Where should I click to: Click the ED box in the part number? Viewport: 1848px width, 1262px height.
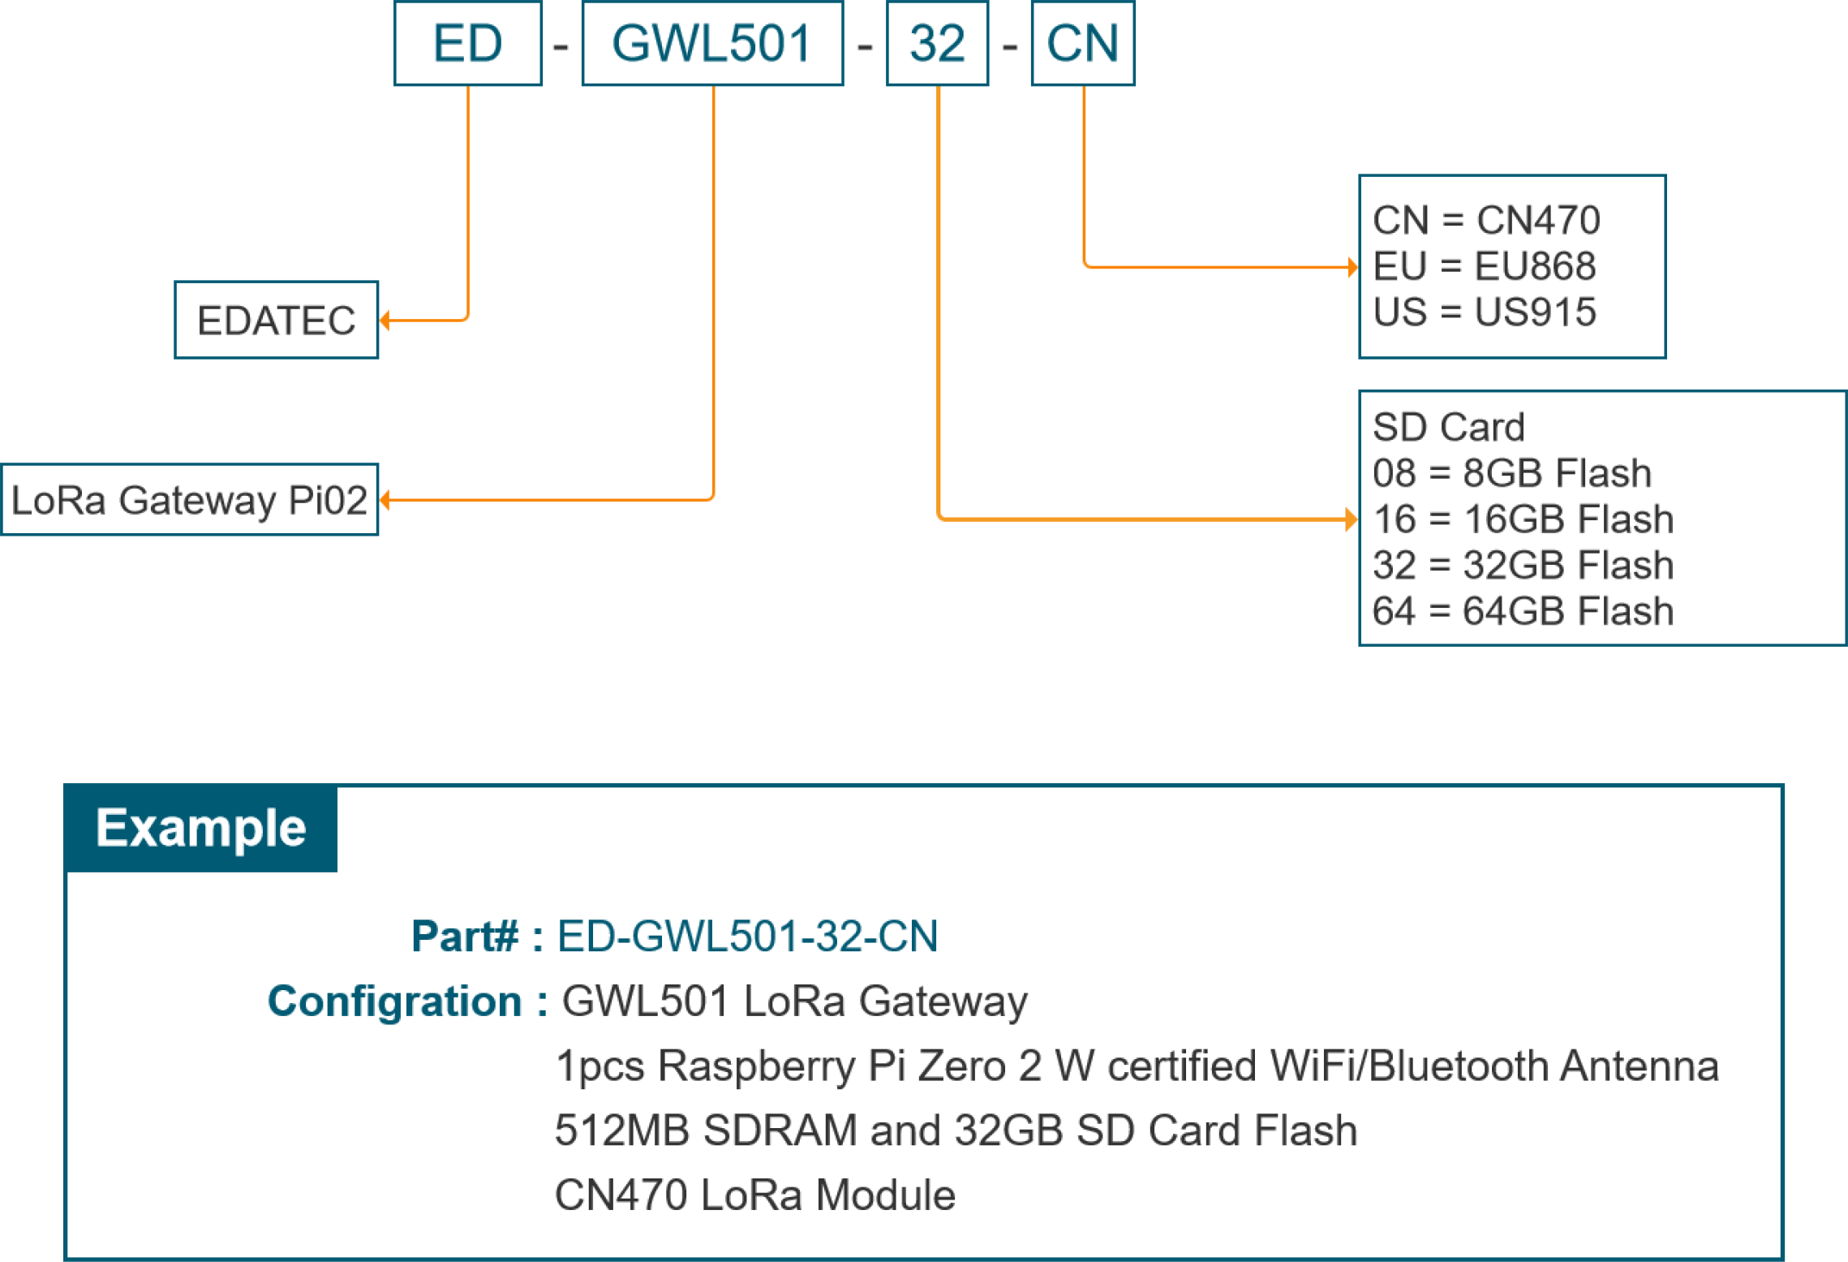[467, 43]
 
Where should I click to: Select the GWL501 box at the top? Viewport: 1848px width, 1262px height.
[711, 43]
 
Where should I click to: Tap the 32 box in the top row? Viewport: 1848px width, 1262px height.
[937, 43]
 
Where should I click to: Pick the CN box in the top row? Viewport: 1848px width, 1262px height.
[1082, 43]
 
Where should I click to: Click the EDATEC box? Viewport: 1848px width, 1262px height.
[276, 320]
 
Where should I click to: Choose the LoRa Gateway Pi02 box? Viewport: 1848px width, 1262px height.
[189, 499]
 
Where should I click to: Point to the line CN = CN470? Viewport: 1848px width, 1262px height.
[1485, 220]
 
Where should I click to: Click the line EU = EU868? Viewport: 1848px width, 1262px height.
[1484, 266]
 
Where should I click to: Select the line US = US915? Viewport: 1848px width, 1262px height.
[1484, 312]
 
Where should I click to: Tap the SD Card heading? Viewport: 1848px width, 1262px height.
[1448, 427]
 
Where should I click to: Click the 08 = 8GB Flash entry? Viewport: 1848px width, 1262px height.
[1511, 473]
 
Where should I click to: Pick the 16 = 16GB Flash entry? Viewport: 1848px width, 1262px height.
[1523, 519]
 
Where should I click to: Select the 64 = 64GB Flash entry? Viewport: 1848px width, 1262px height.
[1523, 611]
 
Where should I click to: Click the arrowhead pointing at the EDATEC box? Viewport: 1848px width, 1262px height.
[385, 321]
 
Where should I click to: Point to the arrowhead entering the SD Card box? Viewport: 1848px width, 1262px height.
[1351, 519]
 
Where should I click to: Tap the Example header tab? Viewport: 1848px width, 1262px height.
[200, 828]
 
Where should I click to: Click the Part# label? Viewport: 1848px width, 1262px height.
[464, 936]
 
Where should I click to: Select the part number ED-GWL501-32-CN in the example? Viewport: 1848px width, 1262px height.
[747, 936]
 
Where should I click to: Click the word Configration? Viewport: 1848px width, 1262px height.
[394, 1001]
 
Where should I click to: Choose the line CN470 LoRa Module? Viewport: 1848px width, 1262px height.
[754, 1195]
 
